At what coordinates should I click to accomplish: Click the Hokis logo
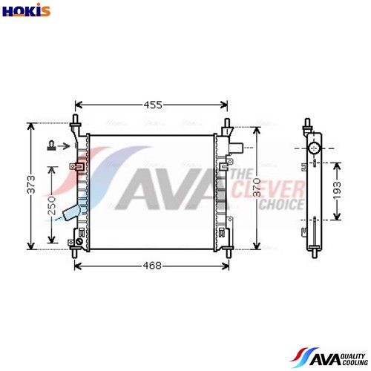26,10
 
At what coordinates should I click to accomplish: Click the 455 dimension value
153,105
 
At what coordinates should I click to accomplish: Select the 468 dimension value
152,266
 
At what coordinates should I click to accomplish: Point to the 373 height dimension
31,184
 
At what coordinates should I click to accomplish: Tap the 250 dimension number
52,206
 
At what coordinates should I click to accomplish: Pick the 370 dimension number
257,187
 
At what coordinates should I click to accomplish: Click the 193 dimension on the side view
337,190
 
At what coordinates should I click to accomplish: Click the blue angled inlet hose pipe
72,213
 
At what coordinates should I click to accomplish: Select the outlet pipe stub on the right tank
236,148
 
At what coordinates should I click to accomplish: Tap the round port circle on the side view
314,148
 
